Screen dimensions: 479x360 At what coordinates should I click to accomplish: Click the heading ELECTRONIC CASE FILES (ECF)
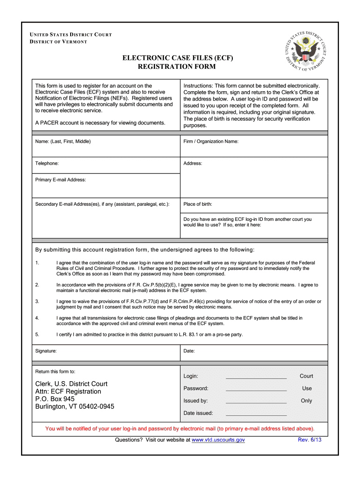tap(177, 58)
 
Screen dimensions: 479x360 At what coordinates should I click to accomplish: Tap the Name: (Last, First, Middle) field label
tap(63, 141)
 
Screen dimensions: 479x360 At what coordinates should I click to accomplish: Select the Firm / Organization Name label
tap(211, 141)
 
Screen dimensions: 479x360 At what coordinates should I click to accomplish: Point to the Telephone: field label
tap(47, 163)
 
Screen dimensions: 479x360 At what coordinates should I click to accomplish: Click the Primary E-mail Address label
tap(60, 180)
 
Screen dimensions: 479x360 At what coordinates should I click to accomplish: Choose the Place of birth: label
tap(197, 204)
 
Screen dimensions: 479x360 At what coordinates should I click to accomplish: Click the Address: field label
tap(193, 163)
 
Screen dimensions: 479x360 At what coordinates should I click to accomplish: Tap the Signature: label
tap(46, 350)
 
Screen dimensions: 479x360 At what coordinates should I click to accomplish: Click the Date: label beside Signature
tap(189, 350)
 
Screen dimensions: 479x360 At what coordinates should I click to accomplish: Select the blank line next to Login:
tap(256, 377)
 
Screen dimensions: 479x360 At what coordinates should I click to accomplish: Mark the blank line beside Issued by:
tap(256, 401)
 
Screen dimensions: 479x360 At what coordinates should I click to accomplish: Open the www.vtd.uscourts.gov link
tap(218, 440)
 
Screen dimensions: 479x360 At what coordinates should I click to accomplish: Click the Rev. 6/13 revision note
tap(310, 440)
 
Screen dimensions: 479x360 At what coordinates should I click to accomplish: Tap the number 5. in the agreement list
tap(37, 334)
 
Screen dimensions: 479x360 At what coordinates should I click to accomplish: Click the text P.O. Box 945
tap(55, 399)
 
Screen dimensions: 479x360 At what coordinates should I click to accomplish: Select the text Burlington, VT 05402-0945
tap(74, 406)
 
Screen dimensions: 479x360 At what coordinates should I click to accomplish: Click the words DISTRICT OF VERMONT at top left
tap(58, 42)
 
